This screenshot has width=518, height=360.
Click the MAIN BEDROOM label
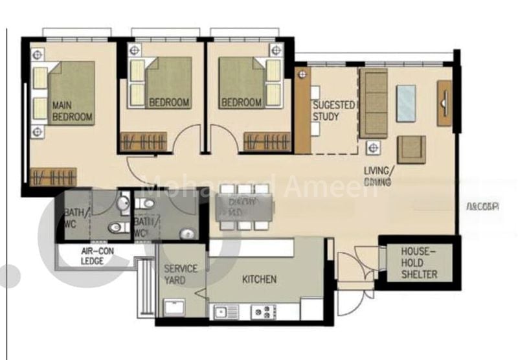click(x=72, y=111)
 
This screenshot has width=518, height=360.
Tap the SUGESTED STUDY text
click(x=333, y=111)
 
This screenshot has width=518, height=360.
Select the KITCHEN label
click(x=259, y=280)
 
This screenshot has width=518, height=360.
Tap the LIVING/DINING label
click(x=378, y=176)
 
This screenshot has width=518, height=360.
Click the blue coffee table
click(x=406, y=104)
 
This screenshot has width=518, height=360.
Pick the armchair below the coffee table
click(x=411, y=149)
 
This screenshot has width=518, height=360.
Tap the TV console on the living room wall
click(x=444, y=103)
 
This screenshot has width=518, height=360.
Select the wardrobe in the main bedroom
click(x=53, y=176)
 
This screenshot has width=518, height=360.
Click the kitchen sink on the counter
click(x=227, y=312)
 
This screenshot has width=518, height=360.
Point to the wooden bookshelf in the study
click(x=302, y=110)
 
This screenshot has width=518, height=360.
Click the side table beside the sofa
click(x=373, y=148)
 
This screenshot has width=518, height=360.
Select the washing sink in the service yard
click(x=174, y=308)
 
